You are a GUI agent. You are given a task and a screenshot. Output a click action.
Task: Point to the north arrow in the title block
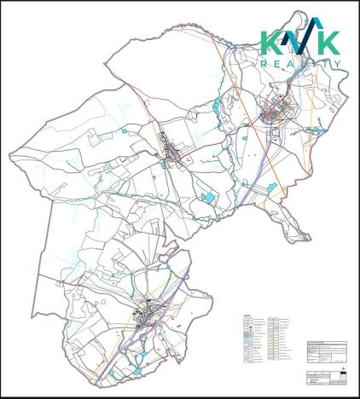[342, 372]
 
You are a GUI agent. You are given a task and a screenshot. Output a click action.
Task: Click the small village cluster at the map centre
[176, 155]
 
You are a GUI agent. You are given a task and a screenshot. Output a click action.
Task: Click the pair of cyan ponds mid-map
[206, 197]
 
